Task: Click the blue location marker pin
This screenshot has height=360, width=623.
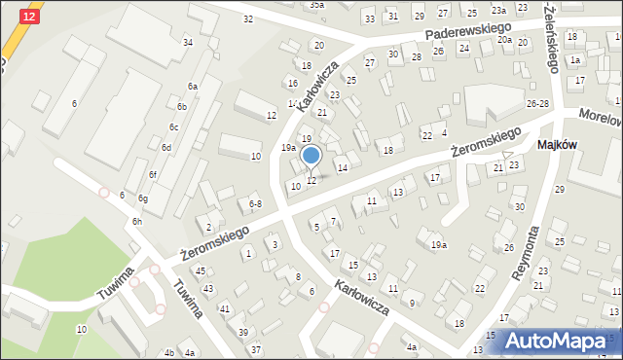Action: pyautogui.click(x=311, y=156)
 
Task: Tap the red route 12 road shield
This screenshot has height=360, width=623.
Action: pyautogui.click(x=30, y=18)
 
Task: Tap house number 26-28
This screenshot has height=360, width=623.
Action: pyautogui.click(x=537, y=103)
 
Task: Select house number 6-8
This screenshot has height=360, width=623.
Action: pyautogui.click(x=255, y=203)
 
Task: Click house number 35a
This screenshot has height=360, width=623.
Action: pyautogui.click(x=317, y=5)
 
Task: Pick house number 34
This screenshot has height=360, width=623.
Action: pyautogui.click(x=187, y=43)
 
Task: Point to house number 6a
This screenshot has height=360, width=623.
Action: pyautogui.click(x=193, y=87)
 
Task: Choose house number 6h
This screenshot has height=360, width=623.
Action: pyautogui.click(x=137, y=221)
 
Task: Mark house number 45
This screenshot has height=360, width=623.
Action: pyautogui.click(x=200, y=270)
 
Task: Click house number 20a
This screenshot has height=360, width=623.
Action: pyautogui.click(x=504, y=40)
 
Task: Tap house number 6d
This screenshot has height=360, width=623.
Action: pyautogui.click(x=166, y=147)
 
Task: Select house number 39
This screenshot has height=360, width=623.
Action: pyautogui.click(x=243, y=332)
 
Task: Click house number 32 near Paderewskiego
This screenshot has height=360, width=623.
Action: pyautogui.click(x=248, y=18)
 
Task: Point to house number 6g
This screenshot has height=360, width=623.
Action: pyautogui.click(x=143, y=198)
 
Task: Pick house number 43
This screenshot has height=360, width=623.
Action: pyautogui.click(x=207, y=289)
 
